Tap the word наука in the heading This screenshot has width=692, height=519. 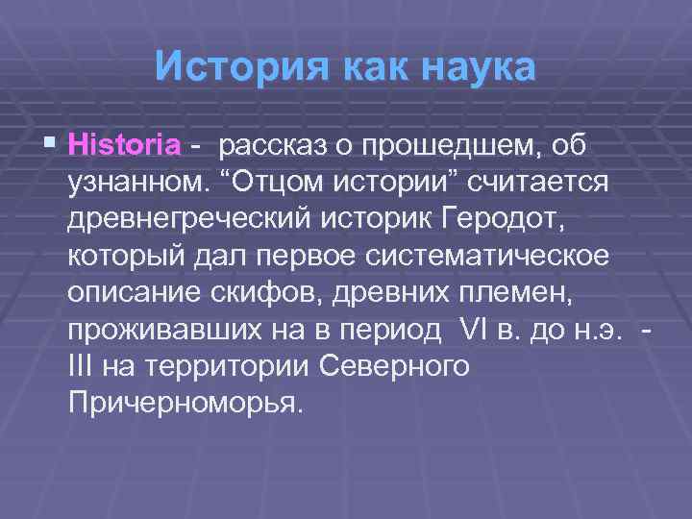click(470, 68)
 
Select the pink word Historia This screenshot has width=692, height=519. click(125, 146)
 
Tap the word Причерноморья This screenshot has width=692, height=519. click(185, 402)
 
